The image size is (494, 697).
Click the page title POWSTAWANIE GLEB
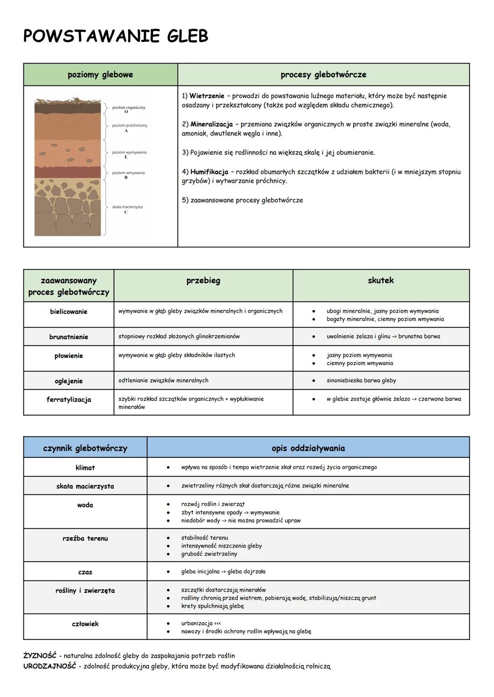115,36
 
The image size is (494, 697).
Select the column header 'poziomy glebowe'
100,74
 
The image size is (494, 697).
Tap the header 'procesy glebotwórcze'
323,74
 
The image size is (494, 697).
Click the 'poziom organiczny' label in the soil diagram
129,107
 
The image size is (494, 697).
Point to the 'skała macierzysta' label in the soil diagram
127,207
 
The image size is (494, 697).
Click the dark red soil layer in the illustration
68,172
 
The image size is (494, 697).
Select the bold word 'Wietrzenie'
207,96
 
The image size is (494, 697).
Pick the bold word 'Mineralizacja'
211,124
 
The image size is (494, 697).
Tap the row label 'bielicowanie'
69,312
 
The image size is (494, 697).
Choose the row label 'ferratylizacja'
69,399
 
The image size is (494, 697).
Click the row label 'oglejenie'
69,381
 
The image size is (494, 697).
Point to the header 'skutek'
381,281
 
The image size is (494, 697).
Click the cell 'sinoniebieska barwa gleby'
361,380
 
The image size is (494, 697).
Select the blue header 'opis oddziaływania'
308,448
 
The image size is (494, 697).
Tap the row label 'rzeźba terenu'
85,538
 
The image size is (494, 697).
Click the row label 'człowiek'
85,624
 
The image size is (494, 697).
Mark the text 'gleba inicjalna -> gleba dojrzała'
223,571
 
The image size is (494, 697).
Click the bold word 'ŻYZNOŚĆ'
40,656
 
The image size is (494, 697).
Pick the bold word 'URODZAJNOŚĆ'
49,666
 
